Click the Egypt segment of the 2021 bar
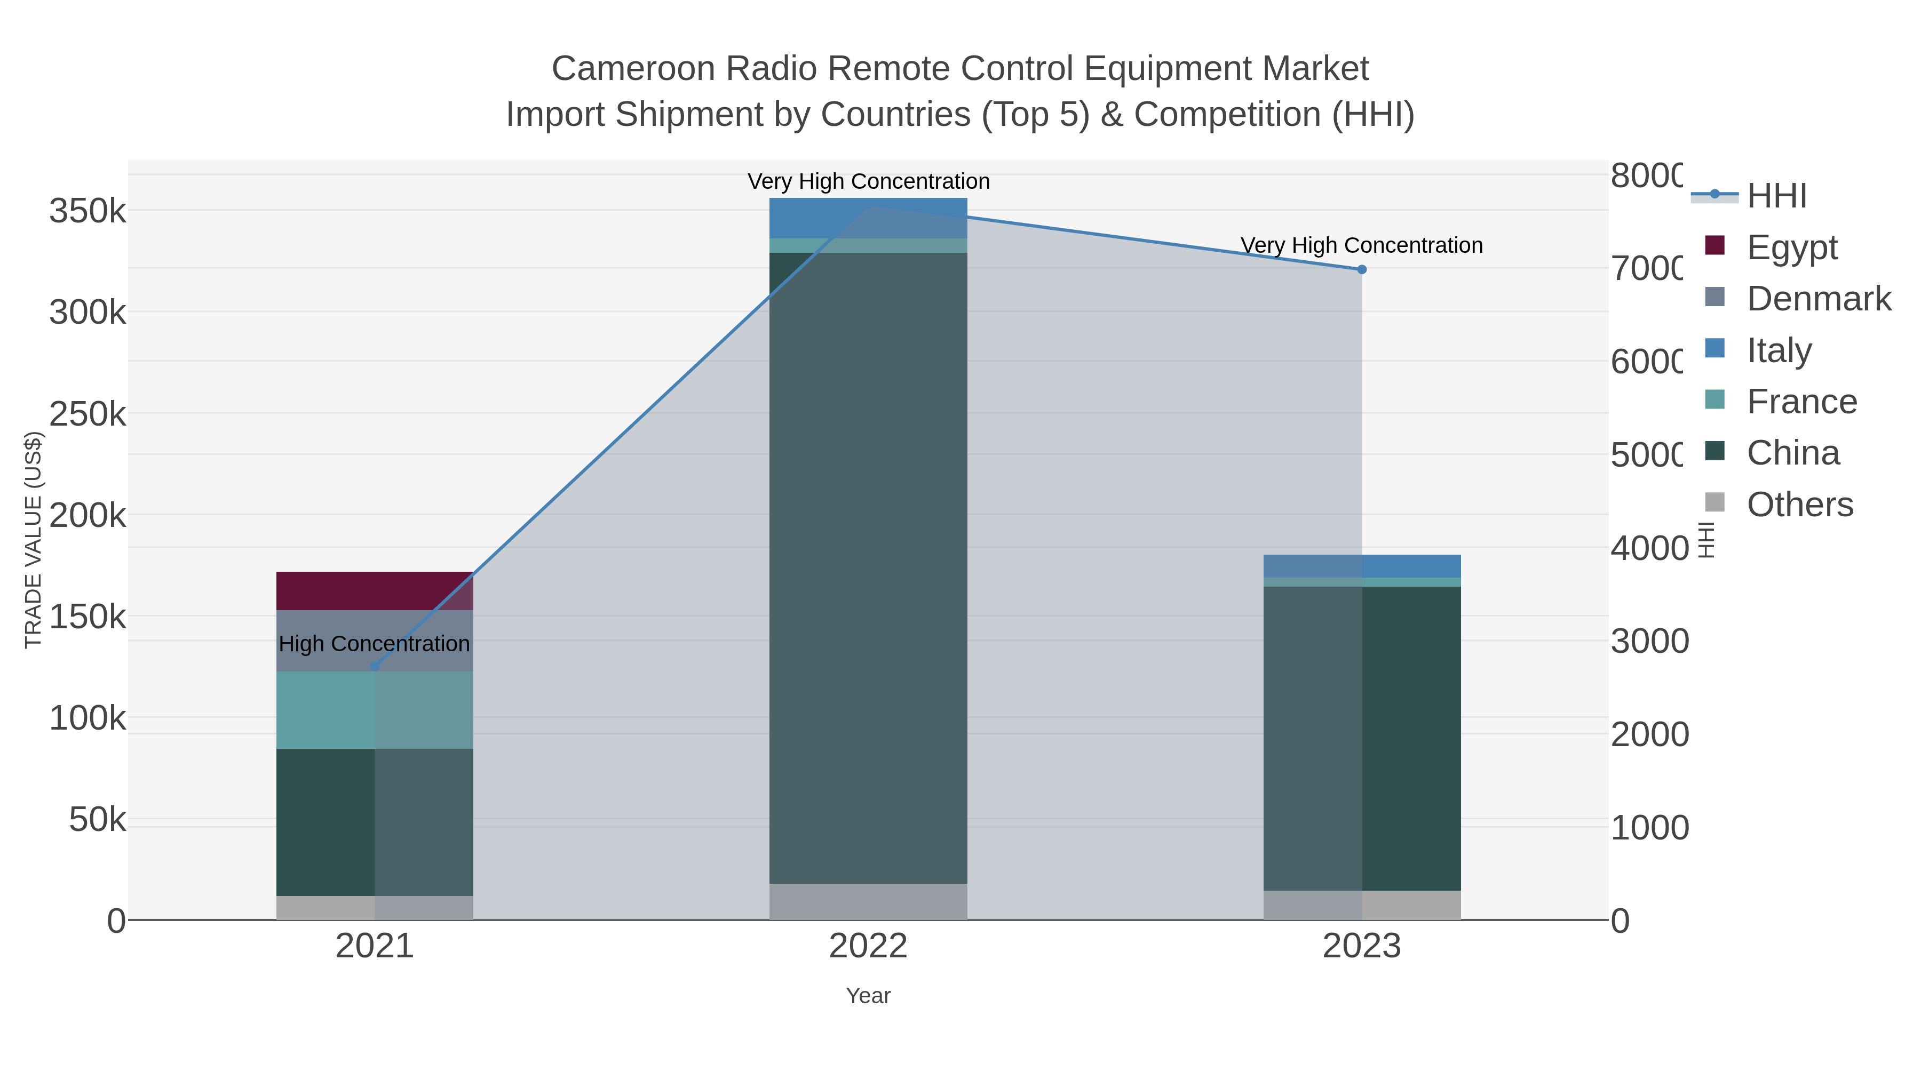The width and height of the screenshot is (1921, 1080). pyautogui.click(x=375, y=591)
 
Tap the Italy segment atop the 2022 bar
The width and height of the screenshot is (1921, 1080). pyautogui.click(x=868, y=218)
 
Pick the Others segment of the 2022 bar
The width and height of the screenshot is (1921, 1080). pyautogui.click(x=868, y=901)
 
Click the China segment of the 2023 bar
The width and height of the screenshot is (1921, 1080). pyautogui.click(x=1362, y=738)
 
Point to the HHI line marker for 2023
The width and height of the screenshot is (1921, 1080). pyautogui.click(x=1362, y=269)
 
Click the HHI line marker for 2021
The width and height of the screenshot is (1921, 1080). pyautogui.click(x=375, y=666)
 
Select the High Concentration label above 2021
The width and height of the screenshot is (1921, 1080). pyautogui.click(x=375, y=643)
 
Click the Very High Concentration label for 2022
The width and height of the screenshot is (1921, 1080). pyautogui.click(x=868, y=181)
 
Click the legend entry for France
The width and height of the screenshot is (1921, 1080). pyautogui.click(x=1801, y=402)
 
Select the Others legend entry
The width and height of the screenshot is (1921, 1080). pyautogui.click(x=1799, y=505)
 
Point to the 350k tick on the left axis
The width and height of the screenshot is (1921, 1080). pyautogui.click(x=88, y=211)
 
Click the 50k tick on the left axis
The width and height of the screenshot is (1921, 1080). pyautogui.click(x=97, y=820)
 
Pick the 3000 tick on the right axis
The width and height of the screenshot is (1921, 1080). pyautogui.click(x=1649, y=641)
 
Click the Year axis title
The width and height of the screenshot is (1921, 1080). pyautogui.click(x=868, y=996)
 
